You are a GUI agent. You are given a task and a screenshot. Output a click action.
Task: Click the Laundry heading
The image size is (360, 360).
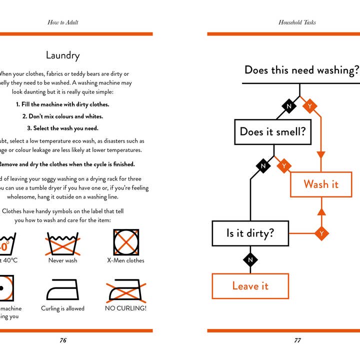pyautogui.click(x=62, y=55)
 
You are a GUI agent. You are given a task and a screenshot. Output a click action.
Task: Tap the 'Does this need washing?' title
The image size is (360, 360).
pyautogui.click(x=301, y=70)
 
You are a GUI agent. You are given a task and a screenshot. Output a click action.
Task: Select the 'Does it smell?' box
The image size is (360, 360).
pyautogui.click(x=272, y=131)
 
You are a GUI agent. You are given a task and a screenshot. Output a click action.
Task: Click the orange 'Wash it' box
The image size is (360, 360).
pyautogui.click(x=321, y=184)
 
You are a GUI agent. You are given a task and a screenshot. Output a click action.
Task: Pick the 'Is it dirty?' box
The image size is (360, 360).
pyautogui.click(x=250, y=233)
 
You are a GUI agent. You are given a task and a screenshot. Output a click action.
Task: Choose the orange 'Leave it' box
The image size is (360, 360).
pyautogui.click(x=250, y=286)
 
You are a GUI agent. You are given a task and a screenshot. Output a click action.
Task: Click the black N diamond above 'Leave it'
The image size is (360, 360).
pyautogui.click(x=250, y=259)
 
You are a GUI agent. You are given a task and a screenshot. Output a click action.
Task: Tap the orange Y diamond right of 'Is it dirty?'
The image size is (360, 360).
pyautogui.click(x=321, y=233)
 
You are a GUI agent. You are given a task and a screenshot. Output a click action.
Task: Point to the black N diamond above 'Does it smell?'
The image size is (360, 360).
pyautogui.click(x=288, y=106)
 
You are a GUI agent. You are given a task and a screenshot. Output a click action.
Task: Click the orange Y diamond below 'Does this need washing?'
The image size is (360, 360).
pyautogui.click(x=310, y=106)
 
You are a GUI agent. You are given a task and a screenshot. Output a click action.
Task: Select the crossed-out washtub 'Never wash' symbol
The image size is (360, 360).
pyautogui.click(x=63, y=242)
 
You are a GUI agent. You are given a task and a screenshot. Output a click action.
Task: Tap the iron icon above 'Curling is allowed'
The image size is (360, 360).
pyautogui.click(x=62, y=290)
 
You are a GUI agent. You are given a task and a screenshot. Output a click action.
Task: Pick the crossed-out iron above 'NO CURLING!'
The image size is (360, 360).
pyautogui.click(x=125, y=290)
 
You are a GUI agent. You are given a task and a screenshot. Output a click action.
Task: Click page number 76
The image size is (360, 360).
pyautogui.click(x=63, y=340)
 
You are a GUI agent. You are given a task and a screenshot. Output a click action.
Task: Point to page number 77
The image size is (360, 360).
pyautogui.click(x=297, y=340)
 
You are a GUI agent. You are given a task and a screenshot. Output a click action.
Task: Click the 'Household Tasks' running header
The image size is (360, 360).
pyautogui.click(x=297, y=22)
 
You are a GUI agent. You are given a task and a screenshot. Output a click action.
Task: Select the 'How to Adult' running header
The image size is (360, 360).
pyautogui.click(x=63, y=22)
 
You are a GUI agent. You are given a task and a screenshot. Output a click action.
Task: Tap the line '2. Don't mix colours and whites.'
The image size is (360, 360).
pyautogui.click(x=62, y=116)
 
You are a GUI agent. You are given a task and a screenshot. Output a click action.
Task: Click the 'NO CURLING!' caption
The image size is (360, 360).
pyautogui.click(x=125, y=308)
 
